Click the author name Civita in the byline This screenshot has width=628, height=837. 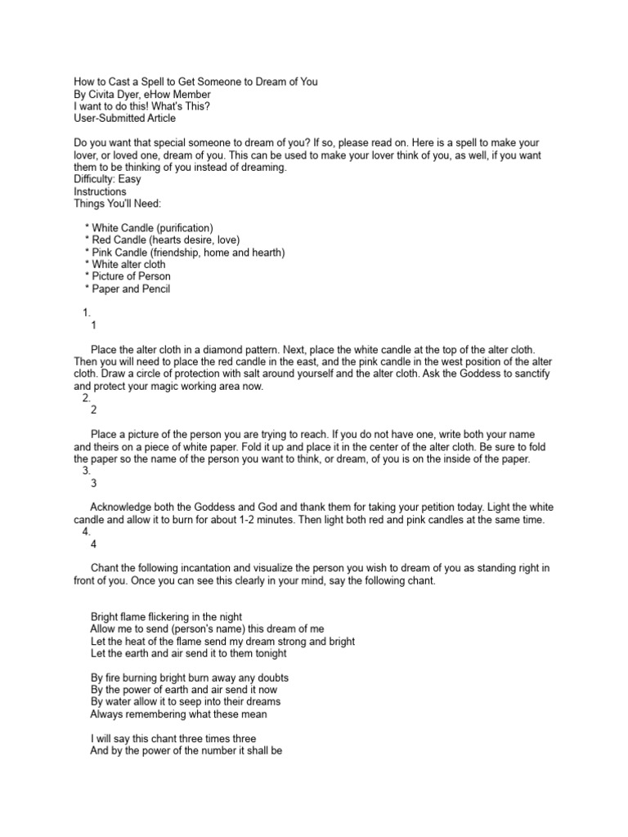104,94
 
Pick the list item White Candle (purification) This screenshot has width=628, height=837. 152,227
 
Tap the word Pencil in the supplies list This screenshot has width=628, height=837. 154,289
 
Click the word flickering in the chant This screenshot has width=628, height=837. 174,616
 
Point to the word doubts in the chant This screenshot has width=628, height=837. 271,678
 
